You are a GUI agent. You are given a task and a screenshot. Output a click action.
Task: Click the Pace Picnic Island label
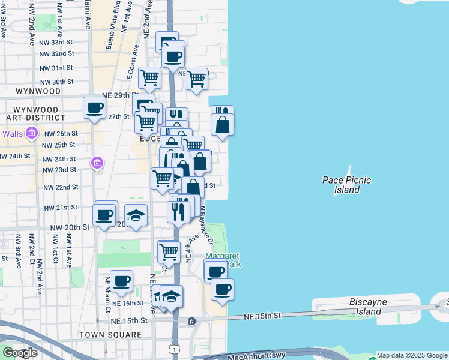click(x=346, y=185)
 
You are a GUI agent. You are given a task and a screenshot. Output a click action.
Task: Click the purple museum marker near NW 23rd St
click(x=97, y=163)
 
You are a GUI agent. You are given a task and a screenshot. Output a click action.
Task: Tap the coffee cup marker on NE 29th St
click(x=95, y=108)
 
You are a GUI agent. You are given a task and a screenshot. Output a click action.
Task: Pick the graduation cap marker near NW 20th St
click(x=136, y=215)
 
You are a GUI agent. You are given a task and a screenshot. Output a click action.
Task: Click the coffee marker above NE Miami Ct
click(x=122, y=280)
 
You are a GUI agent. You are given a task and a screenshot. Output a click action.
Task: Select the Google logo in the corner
click(x=20, y=353)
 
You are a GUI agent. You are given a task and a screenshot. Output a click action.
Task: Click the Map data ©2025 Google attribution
click(x=412, y=356)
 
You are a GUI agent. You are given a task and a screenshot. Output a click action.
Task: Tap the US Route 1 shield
click(x=174, y=348)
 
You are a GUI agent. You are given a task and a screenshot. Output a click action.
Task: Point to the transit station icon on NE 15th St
click(x=191, y=322)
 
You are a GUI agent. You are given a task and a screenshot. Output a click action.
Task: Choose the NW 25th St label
click(x=59, y=145)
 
